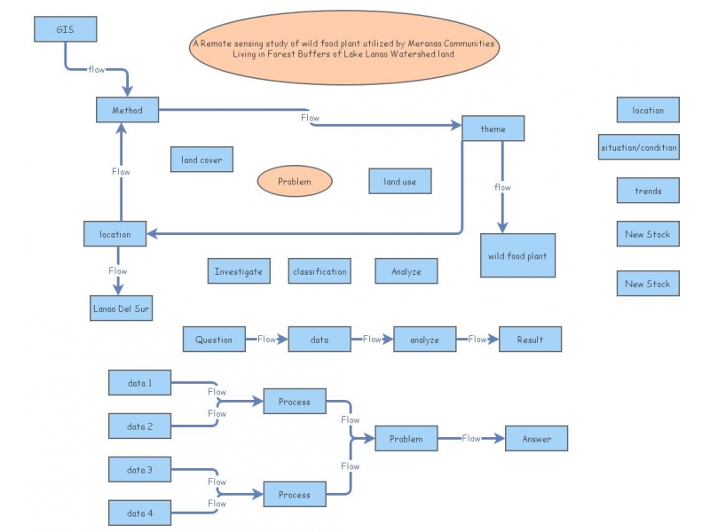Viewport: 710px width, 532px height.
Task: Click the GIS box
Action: [65, 29]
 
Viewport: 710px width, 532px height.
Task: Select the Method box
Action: [127, 110]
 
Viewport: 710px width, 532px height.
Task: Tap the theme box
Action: [493, 129]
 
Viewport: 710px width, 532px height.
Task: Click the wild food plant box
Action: [517, 255]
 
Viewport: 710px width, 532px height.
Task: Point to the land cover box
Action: [201, 160]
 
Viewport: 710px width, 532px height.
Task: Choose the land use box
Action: [399, 181]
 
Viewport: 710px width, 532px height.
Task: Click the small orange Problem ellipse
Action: [295, 181]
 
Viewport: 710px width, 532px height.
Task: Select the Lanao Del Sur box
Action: [121, 308]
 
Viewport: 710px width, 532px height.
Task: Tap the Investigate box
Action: [238, 271]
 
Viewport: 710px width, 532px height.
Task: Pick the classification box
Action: [319, 271]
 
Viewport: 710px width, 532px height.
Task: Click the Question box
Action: [214, 339]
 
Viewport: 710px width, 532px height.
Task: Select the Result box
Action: [530, 339]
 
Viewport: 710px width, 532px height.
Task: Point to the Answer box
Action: [536, 438]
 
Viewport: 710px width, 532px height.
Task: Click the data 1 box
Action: [138, 383]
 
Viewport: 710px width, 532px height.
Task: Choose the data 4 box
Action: [138, 512]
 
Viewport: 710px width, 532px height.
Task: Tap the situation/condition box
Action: [639, 147]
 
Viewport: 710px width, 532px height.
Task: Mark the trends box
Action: [648, 191]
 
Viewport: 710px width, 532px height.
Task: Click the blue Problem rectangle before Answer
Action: [406, 438]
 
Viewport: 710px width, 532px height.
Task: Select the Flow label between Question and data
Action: [266, 339]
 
